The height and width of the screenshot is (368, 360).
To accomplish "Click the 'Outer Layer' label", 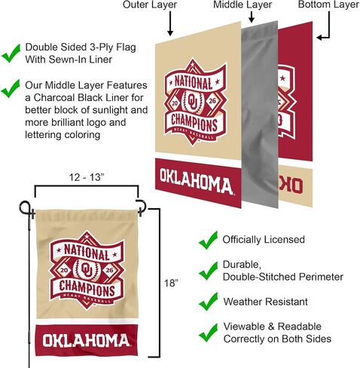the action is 150,5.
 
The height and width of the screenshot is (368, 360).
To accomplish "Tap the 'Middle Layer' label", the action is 243,5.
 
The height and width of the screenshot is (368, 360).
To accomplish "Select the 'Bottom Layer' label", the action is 328,5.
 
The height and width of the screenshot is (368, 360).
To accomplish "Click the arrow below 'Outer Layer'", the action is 170,23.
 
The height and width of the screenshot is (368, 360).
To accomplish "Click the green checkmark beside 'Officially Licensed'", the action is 208,241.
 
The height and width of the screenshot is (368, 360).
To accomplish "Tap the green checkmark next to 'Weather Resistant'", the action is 208,302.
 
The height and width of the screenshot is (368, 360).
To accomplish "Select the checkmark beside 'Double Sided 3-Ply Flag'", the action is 11,54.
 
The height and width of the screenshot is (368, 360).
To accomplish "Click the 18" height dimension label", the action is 171,283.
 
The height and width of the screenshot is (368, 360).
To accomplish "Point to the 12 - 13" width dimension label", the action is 87,177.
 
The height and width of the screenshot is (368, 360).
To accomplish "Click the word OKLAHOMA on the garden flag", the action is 86,341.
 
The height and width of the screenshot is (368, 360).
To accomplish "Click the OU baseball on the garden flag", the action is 87,269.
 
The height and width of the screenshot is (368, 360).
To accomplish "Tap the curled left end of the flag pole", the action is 25,208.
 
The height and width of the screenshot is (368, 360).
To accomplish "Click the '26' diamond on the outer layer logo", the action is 212,101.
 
